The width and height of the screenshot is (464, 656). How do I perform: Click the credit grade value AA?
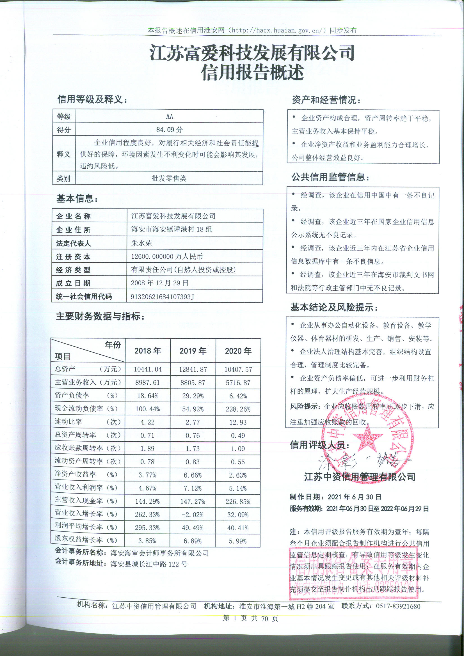169,116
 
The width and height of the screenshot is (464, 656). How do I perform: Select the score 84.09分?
169,130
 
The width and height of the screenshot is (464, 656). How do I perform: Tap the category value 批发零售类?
169,178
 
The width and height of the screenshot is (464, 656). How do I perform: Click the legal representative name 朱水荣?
141,243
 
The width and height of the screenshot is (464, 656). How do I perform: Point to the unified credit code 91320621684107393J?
162,297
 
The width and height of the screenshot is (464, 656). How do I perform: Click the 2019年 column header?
193,351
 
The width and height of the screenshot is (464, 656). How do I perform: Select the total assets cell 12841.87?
193,370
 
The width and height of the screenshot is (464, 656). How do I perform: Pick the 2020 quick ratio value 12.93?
238,422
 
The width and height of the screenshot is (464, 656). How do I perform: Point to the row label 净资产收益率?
76,474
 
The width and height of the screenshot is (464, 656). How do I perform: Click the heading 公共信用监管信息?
330,177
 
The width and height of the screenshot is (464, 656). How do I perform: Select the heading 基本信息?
77,199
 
